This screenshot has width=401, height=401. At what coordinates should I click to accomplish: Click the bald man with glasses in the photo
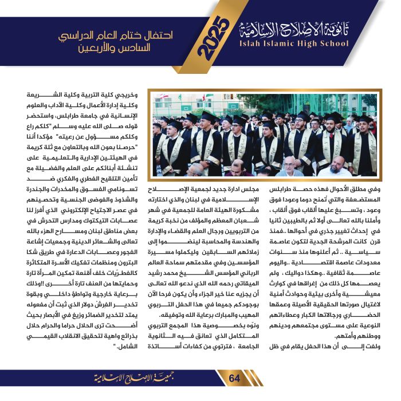(x=292, y=166)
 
